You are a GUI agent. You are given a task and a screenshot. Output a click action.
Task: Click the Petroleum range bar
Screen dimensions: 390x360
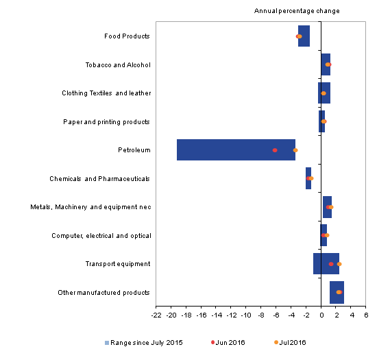pos(236,149)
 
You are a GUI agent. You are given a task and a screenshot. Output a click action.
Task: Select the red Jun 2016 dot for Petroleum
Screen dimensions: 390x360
pos(275,150)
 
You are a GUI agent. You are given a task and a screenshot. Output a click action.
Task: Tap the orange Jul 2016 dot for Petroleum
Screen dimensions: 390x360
pos(295,150)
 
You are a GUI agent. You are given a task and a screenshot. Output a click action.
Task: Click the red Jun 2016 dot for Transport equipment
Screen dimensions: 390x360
pos(331,264)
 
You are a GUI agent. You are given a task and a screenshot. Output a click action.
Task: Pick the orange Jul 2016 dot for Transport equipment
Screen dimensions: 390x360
pos(339,264)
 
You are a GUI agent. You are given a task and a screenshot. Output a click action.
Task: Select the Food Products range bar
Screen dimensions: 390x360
pos(304,36)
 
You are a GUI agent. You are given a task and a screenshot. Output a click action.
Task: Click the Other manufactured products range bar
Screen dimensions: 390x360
pos(337,292)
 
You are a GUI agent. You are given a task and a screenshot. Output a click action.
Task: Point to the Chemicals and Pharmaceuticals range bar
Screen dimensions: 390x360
pos(308,178)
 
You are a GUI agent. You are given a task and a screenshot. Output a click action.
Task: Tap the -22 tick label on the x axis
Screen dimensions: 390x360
pos(156,315)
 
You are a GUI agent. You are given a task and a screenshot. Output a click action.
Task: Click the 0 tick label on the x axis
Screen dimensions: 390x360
pos(321,315)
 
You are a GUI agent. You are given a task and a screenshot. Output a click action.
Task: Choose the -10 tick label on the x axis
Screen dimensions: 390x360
pos(246,315)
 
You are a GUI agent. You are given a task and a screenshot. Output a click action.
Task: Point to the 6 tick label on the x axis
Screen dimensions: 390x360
pos(366,315)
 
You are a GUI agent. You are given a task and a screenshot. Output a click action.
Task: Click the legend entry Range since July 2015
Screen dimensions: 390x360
pos(144,343)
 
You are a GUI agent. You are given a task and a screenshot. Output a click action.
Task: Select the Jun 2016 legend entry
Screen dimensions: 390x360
pos(228,343)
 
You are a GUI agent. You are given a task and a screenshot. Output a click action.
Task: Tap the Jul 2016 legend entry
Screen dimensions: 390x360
pos(290,343)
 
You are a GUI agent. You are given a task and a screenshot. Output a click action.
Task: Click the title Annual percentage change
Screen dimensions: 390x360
pos(297,11)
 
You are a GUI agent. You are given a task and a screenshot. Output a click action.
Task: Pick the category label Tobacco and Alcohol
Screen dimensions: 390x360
pos(118,65)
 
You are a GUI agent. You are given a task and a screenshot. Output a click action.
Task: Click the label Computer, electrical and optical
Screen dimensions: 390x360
pos(101,236)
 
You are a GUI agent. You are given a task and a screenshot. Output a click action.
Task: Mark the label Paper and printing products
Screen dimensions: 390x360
pos(106,122)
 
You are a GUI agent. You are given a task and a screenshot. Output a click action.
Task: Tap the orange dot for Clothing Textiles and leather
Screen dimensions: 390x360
pos(324,93)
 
